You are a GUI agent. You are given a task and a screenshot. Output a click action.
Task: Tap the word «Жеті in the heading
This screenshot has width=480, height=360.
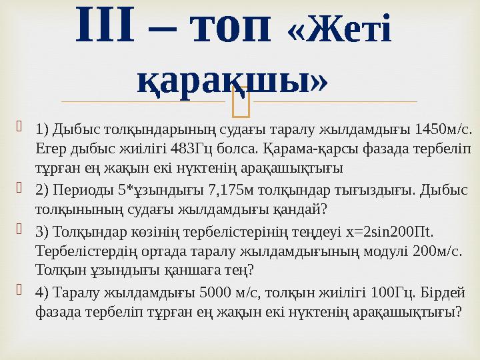pyautogui.click(x=338, y=27)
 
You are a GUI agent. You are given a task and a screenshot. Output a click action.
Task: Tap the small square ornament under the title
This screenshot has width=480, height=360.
pyautogui.click(x=239, y=102)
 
